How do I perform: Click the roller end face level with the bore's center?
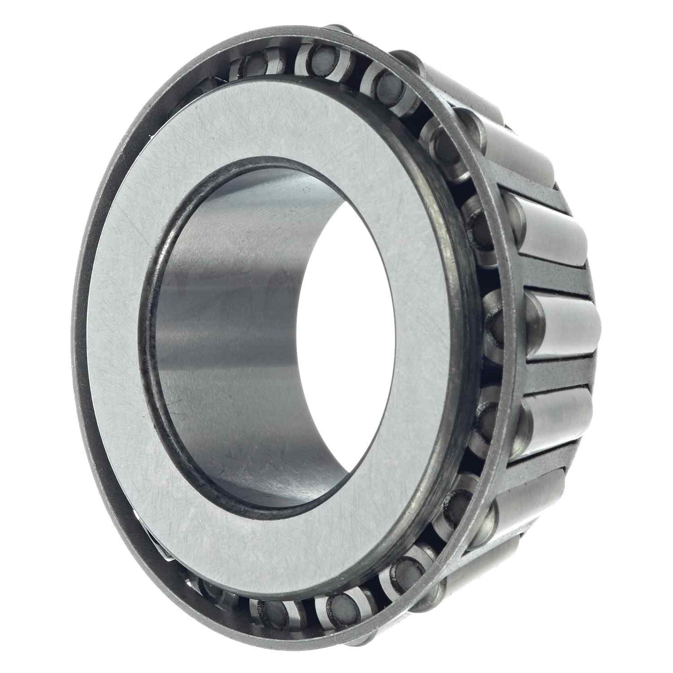point(495,321)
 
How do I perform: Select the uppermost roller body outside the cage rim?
point(456,82)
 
